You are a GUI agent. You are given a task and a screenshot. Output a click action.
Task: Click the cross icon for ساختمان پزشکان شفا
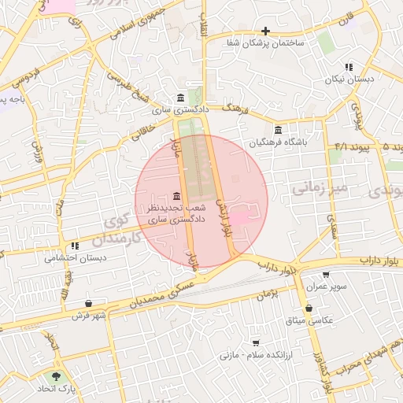[266, 31]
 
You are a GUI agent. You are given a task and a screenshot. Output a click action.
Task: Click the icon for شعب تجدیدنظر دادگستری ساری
[176, 196]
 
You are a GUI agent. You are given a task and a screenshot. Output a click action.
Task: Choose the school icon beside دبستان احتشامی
[75, 246]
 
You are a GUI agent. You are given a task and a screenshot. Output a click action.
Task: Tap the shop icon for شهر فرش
[89, 304]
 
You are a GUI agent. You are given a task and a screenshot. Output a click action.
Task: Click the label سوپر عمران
[328, 287]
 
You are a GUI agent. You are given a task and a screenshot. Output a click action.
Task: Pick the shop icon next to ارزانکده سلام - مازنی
[256, 343]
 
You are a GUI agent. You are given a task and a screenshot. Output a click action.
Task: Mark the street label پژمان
[268, 294]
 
